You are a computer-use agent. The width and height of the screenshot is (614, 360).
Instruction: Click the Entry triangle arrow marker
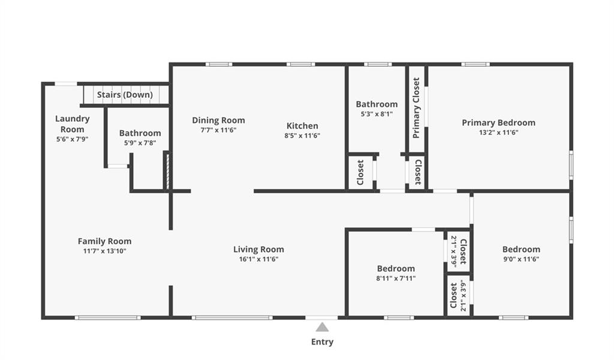[x=322, y=327]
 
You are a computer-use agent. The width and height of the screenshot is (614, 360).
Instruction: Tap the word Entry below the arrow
[x=322, y=342]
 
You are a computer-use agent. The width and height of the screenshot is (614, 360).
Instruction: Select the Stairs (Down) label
[x=125, y=95]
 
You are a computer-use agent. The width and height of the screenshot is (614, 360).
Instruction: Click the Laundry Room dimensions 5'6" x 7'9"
[x=73, y=139]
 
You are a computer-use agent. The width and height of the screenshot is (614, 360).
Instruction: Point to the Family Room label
[x=104, y=241]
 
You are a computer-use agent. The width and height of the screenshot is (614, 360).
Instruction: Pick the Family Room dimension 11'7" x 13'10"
[x=104, y=251]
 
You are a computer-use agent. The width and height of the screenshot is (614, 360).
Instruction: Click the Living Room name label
[x=259, y=250]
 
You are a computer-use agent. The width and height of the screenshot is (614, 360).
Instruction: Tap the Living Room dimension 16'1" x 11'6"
[x=259, y=259]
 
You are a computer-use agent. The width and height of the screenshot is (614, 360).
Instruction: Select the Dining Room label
[x=218, y=120]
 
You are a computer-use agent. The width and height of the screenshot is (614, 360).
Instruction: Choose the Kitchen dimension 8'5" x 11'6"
[x=302, y=136]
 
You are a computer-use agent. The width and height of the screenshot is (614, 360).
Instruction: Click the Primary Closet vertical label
[x=416, y=108]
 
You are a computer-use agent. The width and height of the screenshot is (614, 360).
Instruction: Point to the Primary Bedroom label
[x=498, y=122]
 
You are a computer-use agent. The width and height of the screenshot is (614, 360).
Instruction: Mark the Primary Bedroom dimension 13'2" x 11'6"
[x=498, y=133]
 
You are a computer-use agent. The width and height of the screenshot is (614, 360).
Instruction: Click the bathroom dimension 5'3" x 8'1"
[x=377, y=115]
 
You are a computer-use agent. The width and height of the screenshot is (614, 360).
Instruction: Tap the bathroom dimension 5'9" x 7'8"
[x=140, y=143]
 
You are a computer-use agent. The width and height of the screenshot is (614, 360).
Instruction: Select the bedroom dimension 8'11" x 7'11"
[x=396, y=278]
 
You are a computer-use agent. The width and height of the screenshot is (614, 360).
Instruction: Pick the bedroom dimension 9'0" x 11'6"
[x=521, y=259]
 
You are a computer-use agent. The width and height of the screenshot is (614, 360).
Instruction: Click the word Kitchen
[x=302, y=126]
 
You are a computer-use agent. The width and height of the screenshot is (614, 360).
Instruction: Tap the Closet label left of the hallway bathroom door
[x=360, y=172]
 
